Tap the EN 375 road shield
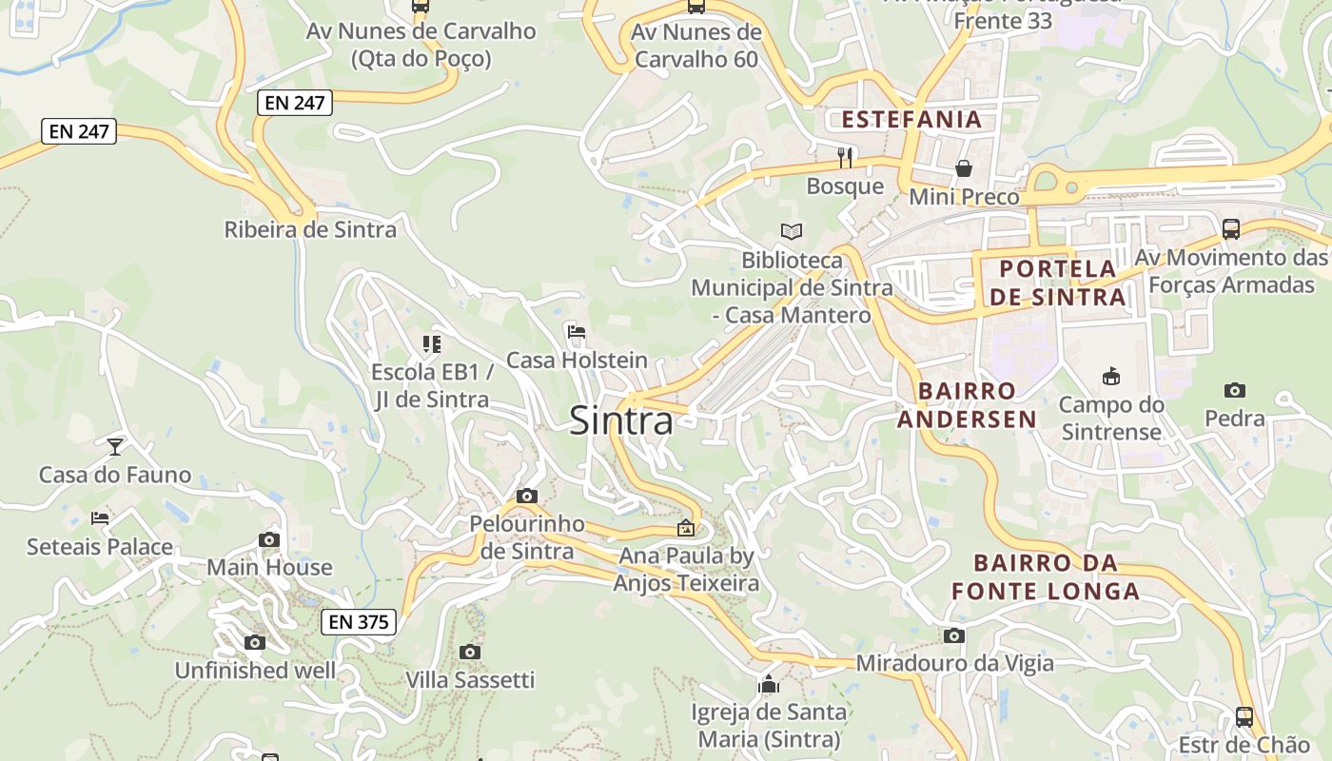click(358, 622)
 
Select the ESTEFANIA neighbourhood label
click(911, 120)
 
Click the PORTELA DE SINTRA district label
click(1057, 283)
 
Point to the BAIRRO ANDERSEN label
click(968, 405)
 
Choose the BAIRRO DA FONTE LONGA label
click(1046, 576)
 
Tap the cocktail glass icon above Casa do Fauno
click(115, 445)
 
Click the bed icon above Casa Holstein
click(576, 332)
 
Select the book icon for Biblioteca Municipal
click(792, 231)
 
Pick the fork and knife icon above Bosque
click(845, 157)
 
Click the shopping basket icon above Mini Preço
click(964, 168)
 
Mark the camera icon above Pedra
click(1235, 390)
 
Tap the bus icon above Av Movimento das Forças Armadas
click(1231, 228)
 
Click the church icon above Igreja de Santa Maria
click(769, 684)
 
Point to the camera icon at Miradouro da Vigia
click(954, 635)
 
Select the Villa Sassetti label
click(470, 680)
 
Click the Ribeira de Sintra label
click(310, 229)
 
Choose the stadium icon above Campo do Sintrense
click(1110, 377)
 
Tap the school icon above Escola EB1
click(432, 343)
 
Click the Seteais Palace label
click(100, 547)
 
